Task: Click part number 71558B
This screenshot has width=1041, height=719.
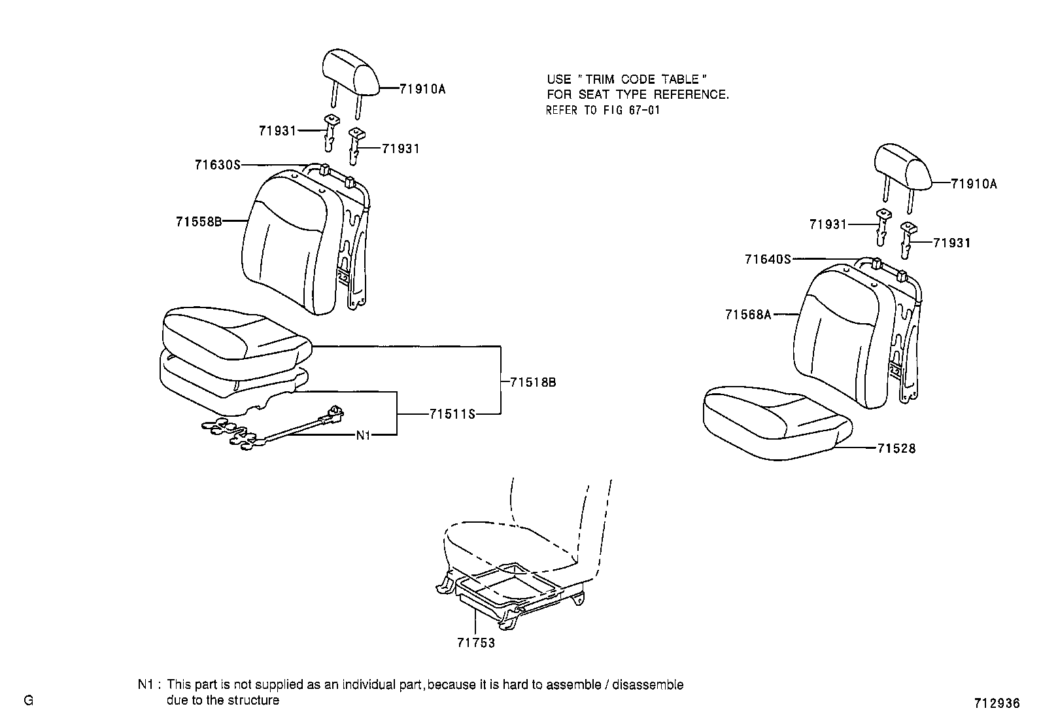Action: [x=198, y=221]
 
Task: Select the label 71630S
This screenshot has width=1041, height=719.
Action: [x=217, y=165]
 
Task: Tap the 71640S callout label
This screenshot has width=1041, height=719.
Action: [x=767, y=259]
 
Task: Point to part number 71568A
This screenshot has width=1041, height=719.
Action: [x=747, y=315]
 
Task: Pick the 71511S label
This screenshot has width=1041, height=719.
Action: [x=452, y=414]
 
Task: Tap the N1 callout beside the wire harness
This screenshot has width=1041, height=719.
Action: [x=363, y=435]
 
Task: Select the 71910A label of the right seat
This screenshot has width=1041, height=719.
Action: [x=974, y=184]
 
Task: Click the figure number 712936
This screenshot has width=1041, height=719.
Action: [x=996, y=703]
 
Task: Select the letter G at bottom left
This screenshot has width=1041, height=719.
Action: [x=28, y=701]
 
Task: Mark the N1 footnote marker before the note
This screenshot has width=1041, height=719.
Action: [x=146, y=685]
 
